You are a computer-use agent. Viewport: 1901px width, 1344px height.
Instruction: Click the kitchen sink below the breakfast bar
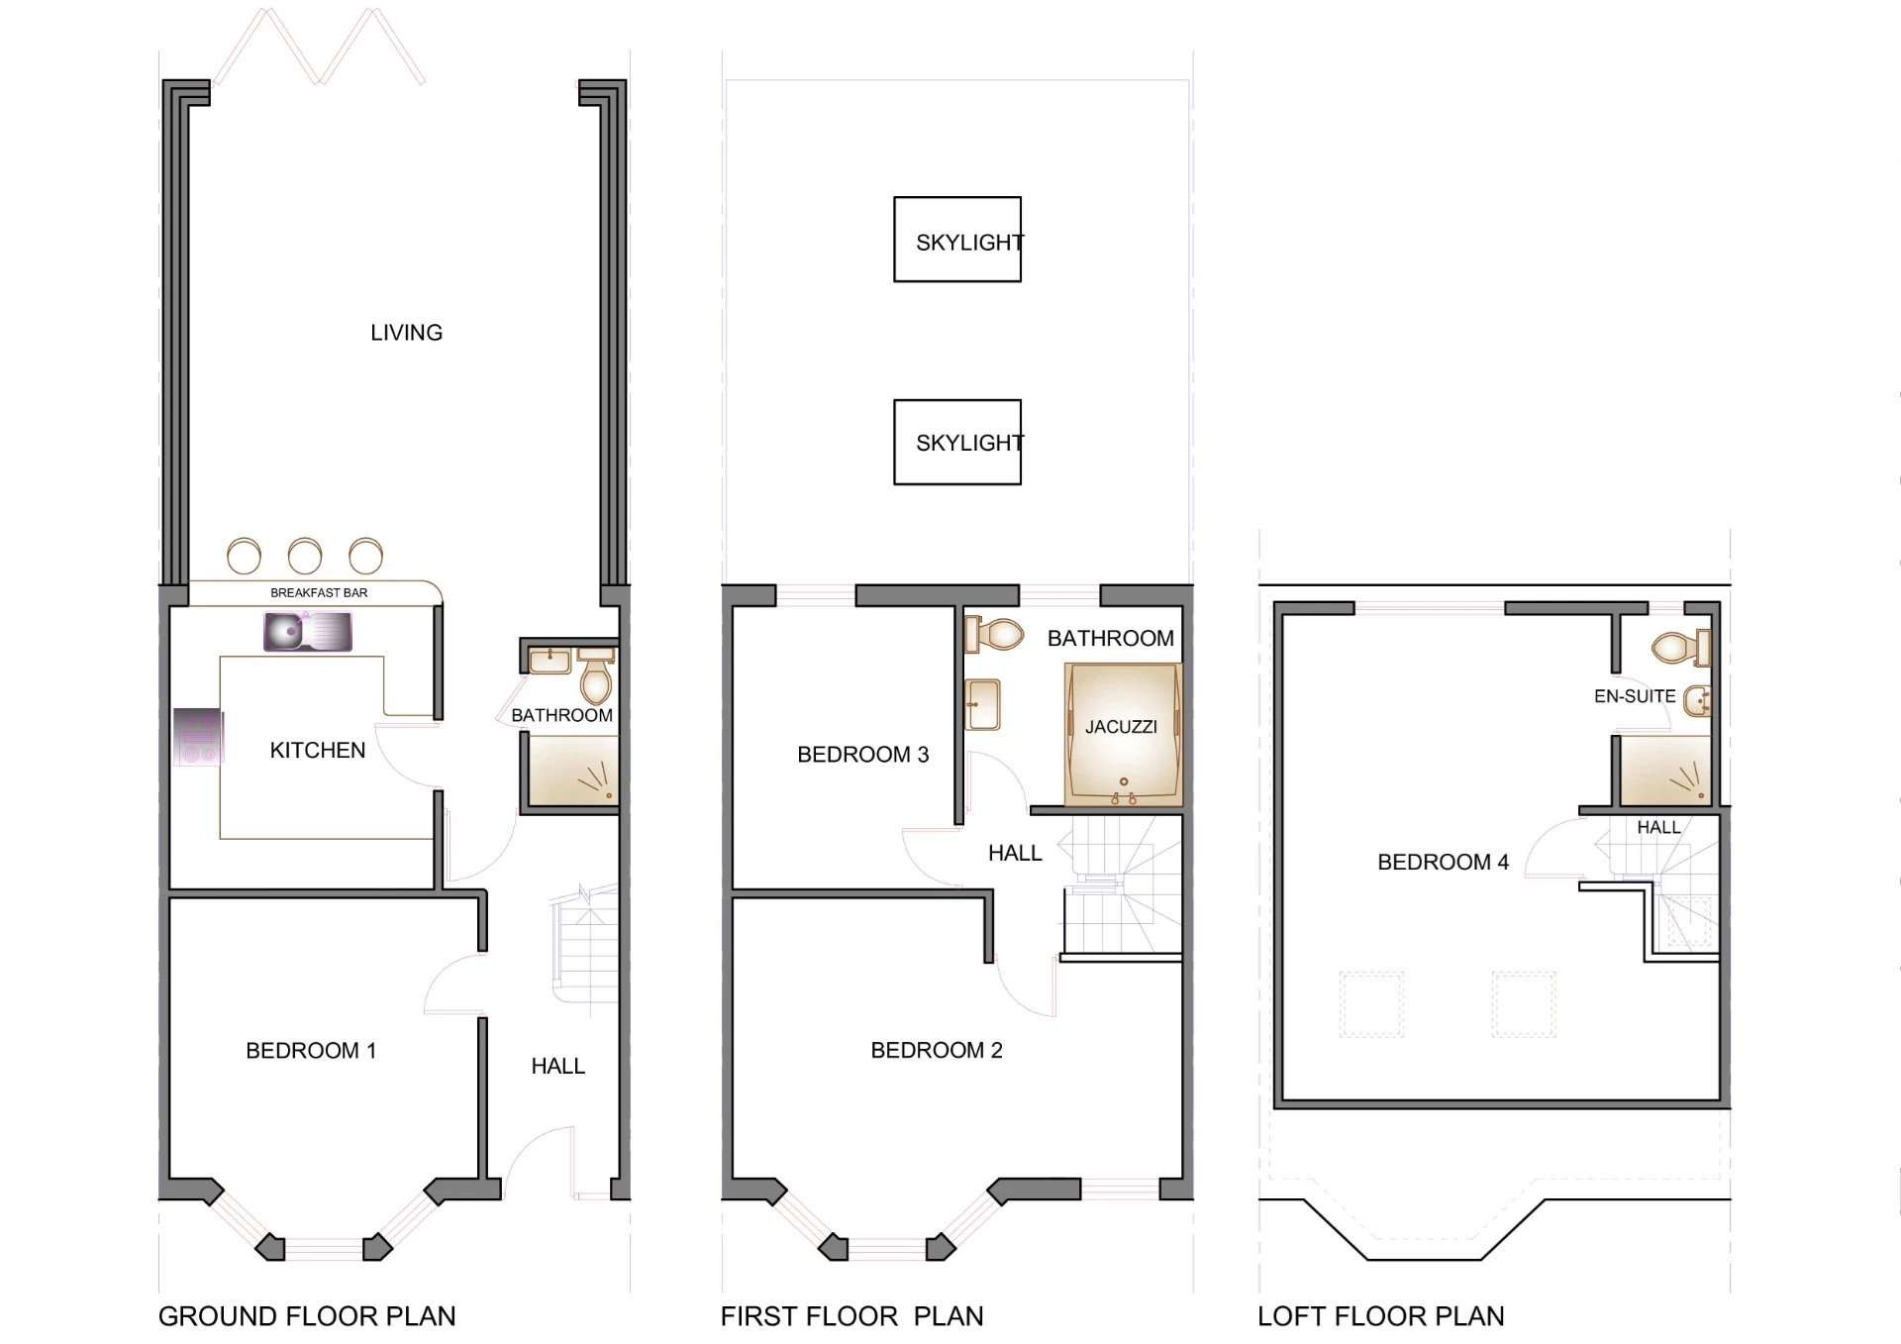point(307,632)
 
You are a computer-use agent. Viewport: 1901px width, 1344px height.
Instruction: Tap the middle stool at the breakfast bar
point(305,556)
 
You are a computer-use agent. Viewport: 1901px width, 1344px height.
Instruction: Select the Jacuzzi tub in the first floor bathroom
point(1123,733)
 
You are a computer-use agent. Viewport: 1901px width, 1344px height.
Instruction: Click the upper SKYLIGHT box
point(957,240)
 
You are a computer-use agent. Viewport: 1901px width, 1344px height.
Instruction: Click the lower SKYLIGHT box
point(957,443)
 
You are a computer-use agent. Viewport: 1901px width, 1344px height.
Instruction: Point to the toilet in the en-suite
point(1679,649)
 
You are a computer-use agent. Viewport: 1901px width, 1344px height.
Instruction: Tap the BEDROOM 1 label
point(311,1051)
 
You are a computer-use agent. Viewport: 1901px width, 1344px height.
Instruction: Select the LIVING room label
point(406,333)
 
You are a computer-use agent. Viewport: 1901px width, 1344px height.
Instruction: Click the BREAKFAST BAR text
point(319,593)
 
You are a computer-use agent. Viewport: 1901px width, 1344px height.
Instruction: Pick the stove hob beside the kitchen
point(198,737)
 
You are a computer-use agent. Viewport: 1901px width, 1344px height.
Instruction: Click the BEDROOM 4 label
point(1443,863)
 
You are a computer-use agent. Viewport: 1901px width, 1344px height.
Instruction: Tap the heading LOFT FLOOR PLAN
point(1380,1316)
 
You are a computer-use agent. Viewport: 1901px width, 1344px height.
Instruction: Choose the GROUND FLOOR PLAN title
point(307,1316)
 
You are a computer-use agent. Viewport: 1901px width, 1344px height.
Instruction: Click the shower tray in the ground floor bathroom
point(572,771)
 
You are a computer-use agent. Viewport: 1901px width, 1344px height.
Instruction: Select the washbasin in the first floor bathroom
point(983,704)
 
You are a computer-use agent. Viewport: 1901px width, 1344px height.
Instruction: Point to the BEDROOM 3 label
point(862,755)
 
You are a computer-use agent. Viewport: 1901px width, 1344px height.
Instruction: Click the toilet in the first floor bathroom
point(995,635)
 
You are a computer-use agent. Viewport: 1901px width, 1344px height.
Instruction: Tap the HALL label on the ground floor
point(557,1067)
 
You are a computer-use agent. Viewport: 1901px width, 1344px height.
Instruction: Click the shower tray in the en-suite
point(1663,771)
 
